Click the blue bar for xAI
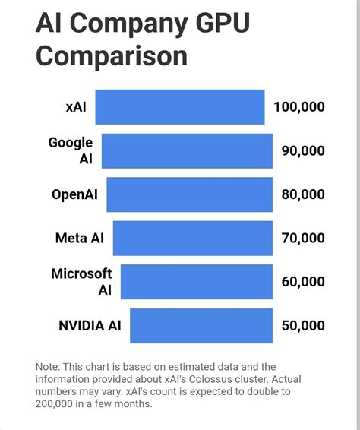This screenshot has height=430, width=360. (x=180, y=107)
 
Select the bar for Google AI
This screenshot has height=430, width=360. (x=187, y=150)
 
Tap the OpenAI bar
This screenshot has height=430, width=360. (x=189, y=194)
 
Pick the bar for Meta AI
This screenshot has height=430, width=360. (x=193, y=238)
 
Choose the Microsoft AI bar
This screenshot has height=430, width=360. (x=196, y=282)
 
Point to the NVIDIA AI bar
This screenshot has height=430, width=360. (x=201, y=326)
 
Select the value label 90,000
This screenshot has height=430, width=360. (x=303, y=151)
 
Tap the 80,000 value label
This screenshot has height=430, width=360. (x=303, y=194)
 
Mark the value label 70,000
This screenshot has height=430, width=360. (x=303, y=239)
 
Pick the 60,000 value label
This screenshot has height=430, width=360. (x=303, y=282)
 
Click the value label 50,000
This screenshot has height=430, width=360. (x=303, y=326)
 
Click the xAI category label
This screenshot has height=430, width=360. (x=76, y=107)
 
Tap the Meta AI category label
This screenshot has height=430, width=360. (x=80, y=239)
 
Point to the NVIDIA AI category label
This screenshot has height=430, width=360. (x=90, y=326)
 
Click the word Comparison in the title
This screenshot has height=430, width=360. (x=112, y=57)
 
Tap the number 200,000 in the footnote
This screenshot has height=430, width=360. (x=62, y=403)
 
